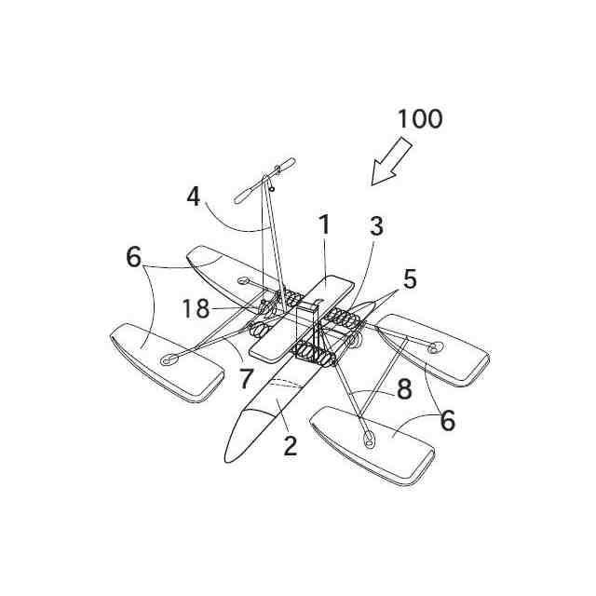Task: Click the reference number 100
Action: click(420, 119)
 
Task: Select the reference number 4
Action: click(193, 196)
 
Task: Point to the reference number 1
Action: click(323, 225)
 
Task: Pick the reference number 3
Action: click(375, 225)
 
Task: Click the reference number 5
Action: click(410, 278)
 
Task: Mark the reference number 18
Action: click(196, 309)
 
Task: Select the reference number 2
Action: click(290, 445)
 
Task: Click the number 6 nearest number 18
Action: click(135, 257)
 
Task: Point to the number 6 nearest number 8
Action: click(448, 421)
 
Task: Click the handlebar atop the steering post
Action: click(264, 180)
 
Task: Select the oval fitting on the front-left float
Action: click(169, 359)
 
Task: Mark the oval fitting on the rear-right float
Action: click(434, 346)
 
